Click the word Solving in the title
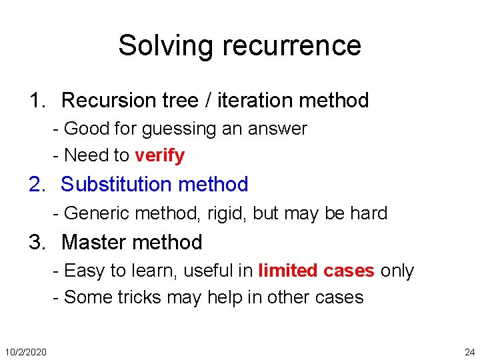167,45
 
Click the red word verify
159,155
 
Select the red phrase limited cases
316,271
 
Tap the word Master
95,242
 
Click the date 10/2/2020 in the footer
25,351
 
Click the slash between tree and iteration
209,101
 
